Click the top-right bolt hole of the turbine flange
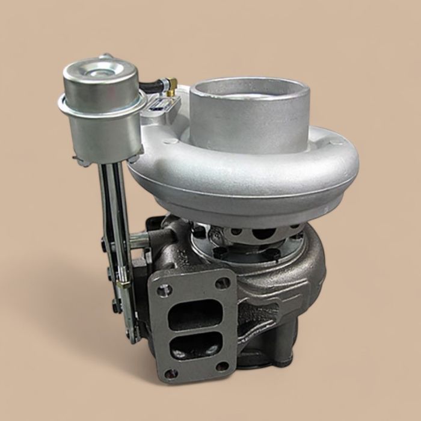224,282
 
